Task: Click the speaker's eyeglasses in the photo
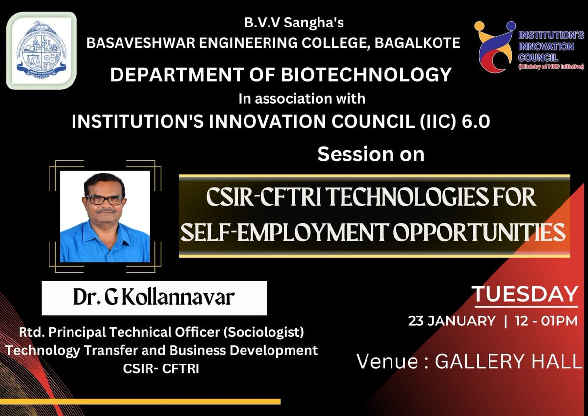pos(104,200)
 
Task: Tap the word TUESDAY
pos(525,295)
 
